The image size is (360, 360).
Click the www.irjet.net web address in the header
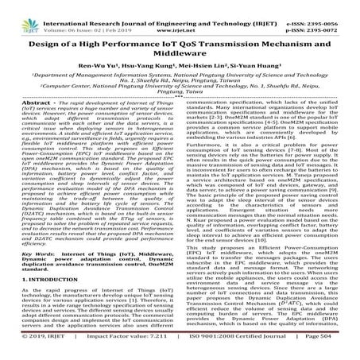(183, 16)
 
